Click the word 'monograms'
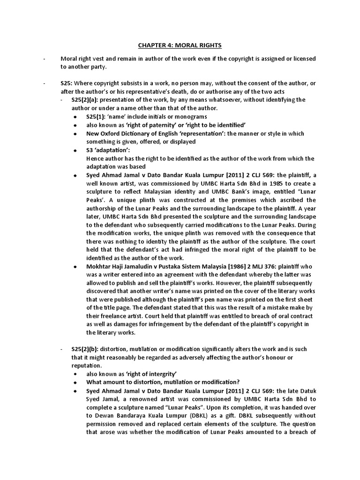[191, 116]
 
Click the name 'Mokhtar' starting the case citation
[100, 266]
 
